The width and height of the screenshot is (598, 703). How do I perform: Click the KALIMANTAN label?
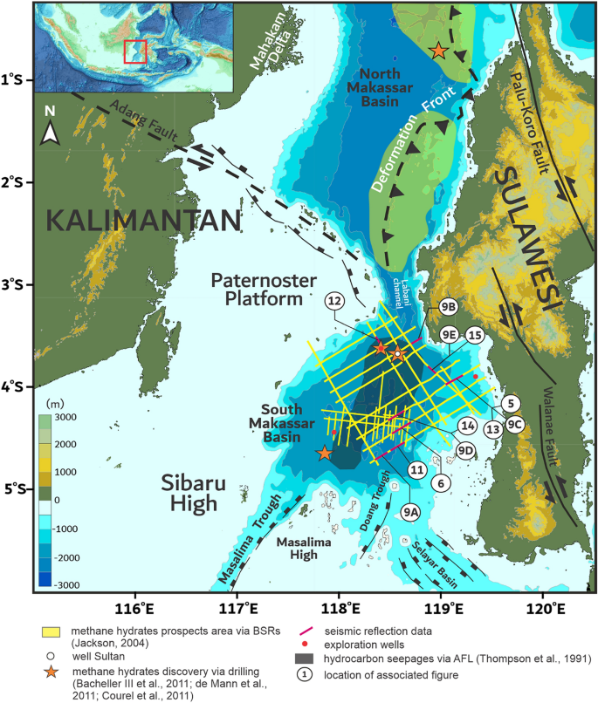[x=142, y=220]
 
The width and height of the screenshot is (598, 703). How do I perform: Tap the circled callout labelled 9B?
[x=449, y=307]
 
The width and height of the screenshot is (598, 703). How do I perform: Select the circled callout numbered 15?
[x=474, y=335]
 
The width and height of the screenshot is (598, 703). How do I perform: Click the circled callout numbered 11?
[x=416, y=469]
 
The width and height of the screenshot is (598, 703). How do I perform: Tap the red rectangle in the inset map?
[x=134, y=51]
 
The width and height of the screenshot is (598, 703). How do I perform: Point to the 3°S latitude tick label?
[x=19, y=285]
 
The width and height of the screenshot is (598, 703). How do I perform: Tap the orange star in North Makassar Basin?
[x=438, y=51]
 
